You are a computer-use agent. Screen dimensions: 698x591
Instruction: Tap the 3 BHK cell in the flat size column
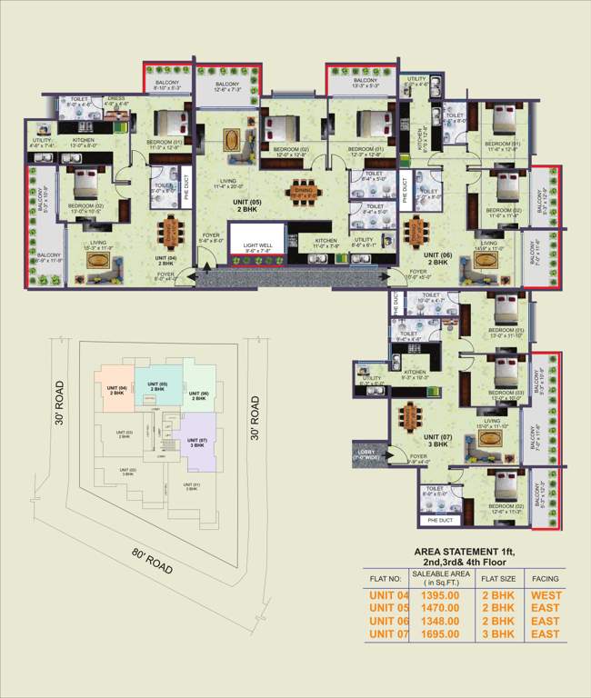click(497, 633)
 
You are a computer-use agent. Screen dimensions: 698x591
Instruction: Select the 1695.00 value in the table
click(434, 633)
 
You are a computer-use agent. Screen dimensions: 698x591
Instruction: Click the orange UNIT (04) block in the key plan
click(116, 391)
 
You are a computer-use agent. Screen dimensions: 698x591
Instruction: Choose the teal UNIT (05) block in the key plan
click(157, 386)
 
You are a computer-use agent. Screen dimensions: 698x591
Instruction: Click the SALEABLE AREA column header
click(441, 576)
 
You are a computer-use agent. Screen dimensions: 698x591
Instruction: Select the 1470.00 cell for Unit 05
click(434, 607)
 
